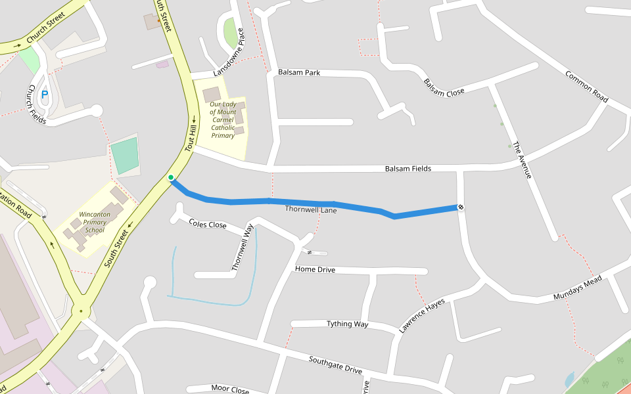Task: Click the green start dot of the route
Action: (x=171, y=177)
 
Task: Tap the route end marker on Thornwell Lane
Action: (x=461, y=208)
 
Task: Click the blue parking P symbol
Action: (x=45, y=95)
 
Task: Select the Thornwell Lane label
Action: (x=311, y=209)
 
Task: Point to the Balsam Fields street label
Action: (x=408, y=169)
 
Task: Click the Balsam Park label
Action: (x=299, y=72)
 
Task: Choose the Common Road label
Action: (x=586, y=85)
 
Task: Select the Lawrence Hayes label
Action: (x=422, y=316)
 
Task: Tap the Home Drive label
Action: (x=315, y=269)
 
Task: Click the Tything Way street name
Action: (x=347, y=324)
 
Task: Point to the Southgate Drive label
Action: (x=335, y=365)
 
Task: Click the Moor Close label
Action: (x=230, y=389)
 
